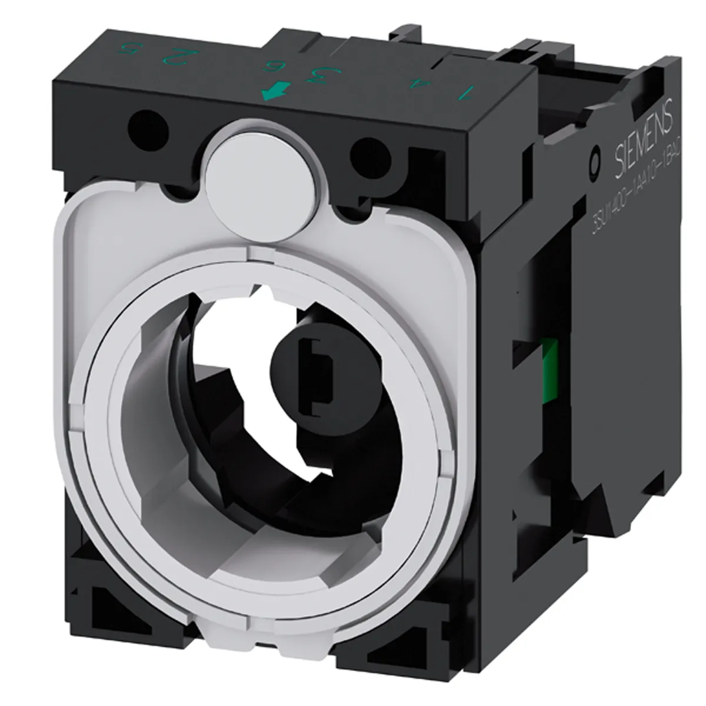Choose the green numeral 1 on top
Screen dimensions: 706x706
click(468, 92)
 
